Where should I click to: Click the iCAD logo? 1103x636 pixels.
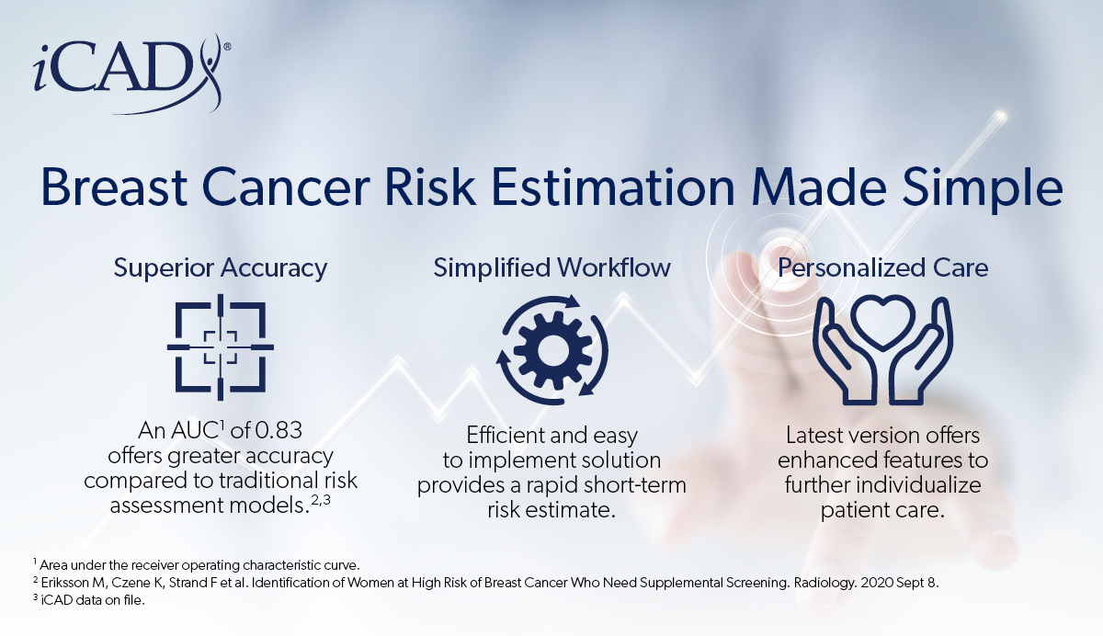[124, 74]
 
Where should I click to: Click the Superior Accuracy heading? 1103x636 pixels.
[220, 268]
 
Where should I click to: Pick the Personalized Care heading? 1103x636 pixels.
[883, 268]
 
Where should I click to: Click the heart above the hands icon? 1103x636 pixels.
[883, 321]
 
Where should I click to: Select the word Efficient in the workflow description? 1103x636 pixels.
[505, 435]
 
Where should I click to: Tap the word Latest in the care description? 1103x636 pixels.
[821, 435]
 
